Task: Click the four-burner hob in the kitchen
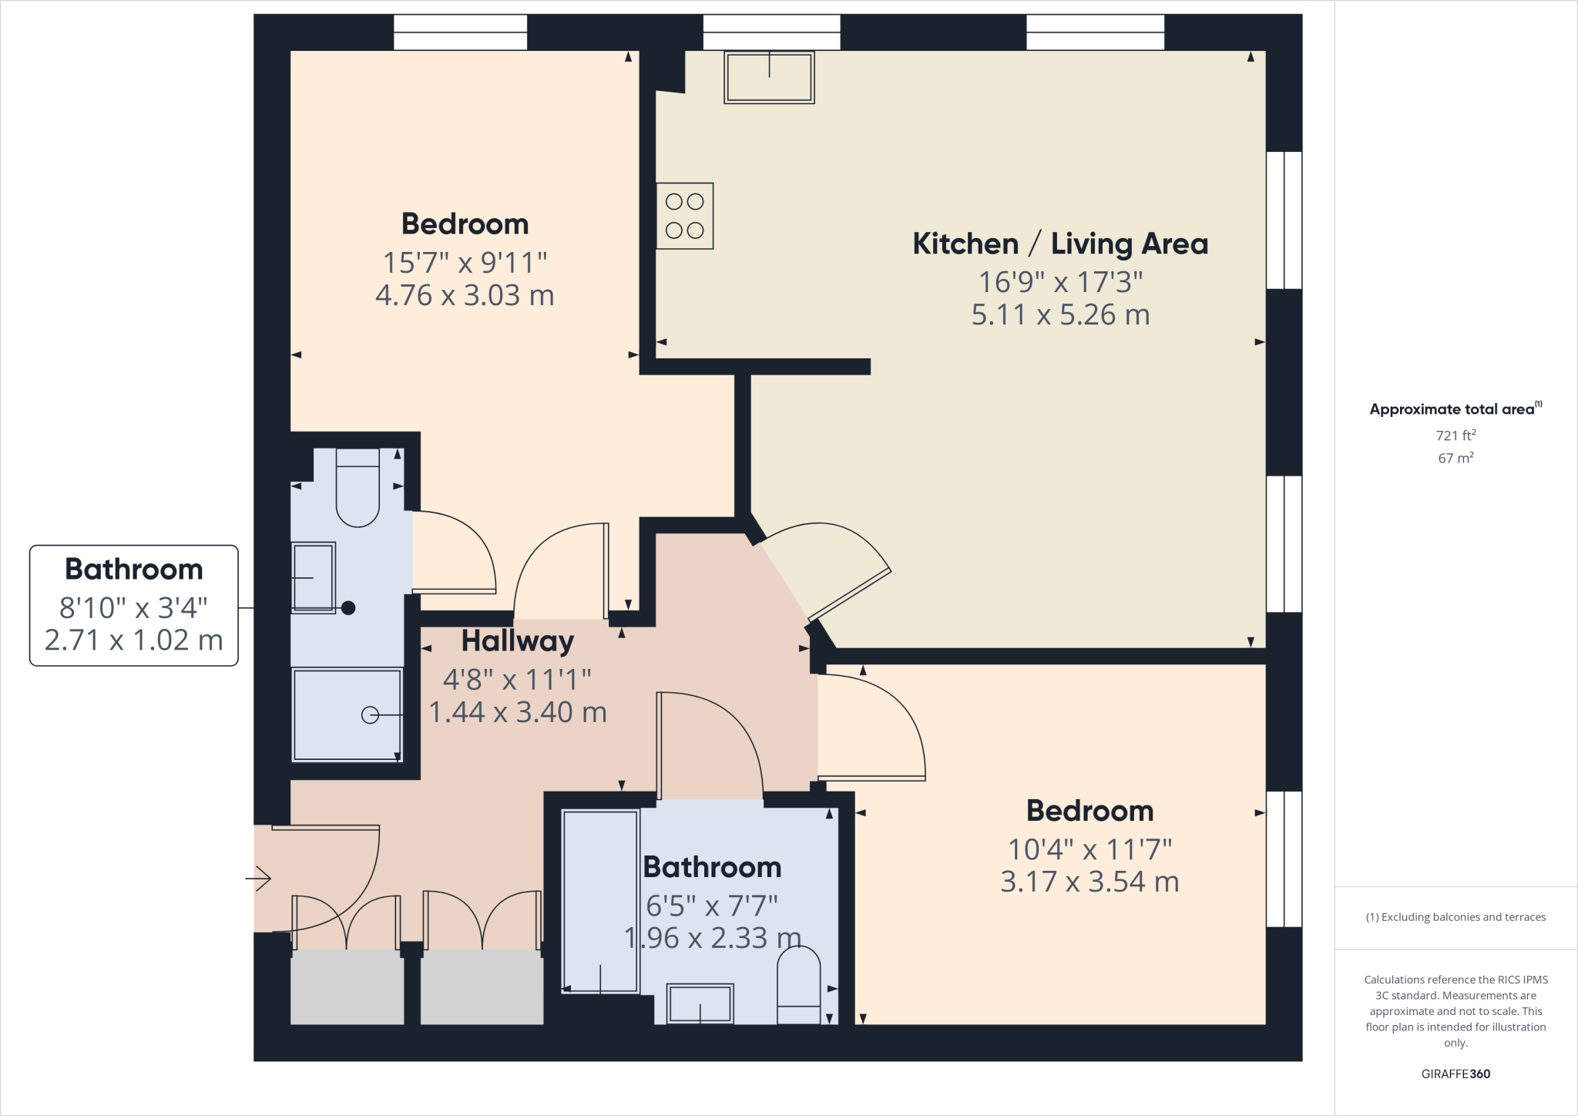684,216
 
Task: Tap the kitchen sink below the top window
769,78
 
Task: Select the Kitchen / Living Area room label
1060,244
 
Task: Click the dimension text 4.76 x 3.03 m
465,295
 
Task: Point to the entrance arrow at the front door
259,878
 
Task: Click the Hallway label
518,640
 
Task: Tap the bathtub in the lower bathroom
600,900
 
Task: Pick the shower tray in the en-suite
347,714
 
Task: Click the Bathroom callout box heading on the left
134,569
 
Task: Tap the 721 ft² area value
1455,435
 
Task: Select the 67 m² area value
1455,458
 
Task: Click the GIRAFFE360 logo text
1455,1074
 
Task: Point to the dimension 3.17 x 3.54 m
1089,882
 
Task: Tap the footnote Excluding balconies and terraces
1455,917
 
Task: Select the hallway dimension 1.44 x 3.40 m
518,712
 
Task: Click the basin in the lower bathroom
700,1003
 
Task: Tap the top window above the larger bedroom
461,32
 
